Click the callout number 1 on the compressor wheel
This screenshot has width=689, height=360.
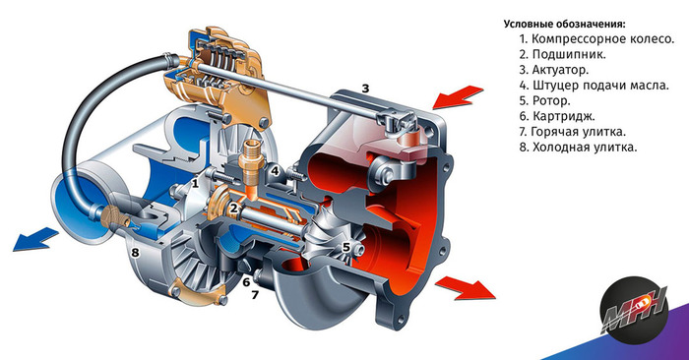click(x=196, y=182)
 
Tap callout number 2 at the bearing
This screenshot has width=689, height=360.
click(x=234, y=209)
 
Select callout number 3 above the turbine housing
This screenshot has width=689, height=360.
click(x=365, y=89)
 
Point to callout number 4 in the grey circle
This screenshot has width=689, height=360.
click(x=275, y=171)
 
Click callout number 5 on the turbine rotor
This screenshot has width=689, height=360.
click(x=346, y=247)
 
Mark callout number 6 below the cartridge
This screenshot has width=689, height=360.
click(x=246, y=281)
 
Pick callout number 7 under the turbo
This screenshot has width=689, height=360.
click(x=255, y=295)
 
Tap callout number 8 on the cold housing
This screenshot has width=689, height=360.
click(x=136, y=253)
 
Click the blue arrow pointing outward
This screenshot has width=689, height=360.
click(x=35, y=240)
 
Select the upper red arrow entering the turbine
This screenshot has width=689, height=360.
click(x=457, y=97)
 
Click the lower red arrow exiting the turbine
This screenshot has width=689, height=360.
click(x=466, y=288)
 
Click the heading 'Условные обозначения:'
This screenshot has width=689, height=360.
click(x=564, y=25)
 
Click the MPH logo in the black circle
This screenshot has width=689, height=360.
click(x=634, y=311)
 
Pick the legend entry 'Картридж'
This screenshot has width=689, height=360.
click(x=557, y=116)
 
